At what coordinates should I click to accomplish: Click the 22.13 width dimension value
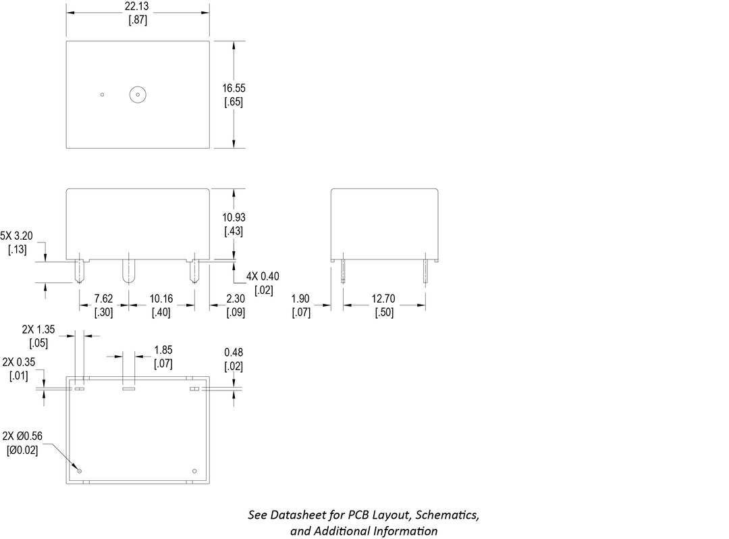137,6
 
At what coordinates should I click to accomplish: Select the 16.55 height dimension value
233,88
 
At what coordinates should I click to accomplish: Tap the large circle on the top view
138,95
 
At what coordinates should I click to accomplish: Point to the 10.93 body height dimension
233,217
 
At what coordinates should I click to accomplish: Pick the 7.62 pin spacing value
103,299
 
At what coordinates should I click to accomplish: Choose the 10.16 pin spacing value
161,299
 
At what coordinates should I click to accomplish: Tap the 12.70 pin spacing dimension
384,299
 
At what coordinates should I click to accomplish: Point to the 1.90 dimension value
301,299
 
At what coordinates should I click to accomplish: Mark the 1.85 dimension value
163,350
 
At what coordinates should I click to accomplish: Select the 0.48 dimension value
234,352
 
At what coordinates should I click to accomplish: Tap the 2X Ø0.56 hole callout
22,436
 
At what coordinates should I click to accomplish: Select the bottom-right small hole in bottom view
194,471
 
